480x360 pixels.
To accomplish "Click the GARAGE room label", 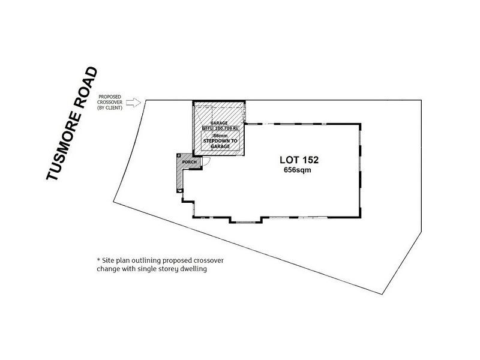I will point(219,123).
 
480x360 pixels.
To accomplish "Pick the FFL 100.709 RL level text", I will point(220,128).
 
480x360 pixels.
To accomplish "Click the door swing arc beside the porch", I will point(203,161).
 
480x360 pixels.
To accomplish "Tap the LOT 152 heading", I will point(299,160).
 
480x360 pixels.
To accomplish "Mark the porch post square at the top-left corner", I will point(178,155).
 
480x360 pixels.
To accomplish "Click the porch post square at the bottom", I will point(179,191).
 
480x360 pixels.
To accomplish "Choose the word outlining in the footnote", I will point(145,260).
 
